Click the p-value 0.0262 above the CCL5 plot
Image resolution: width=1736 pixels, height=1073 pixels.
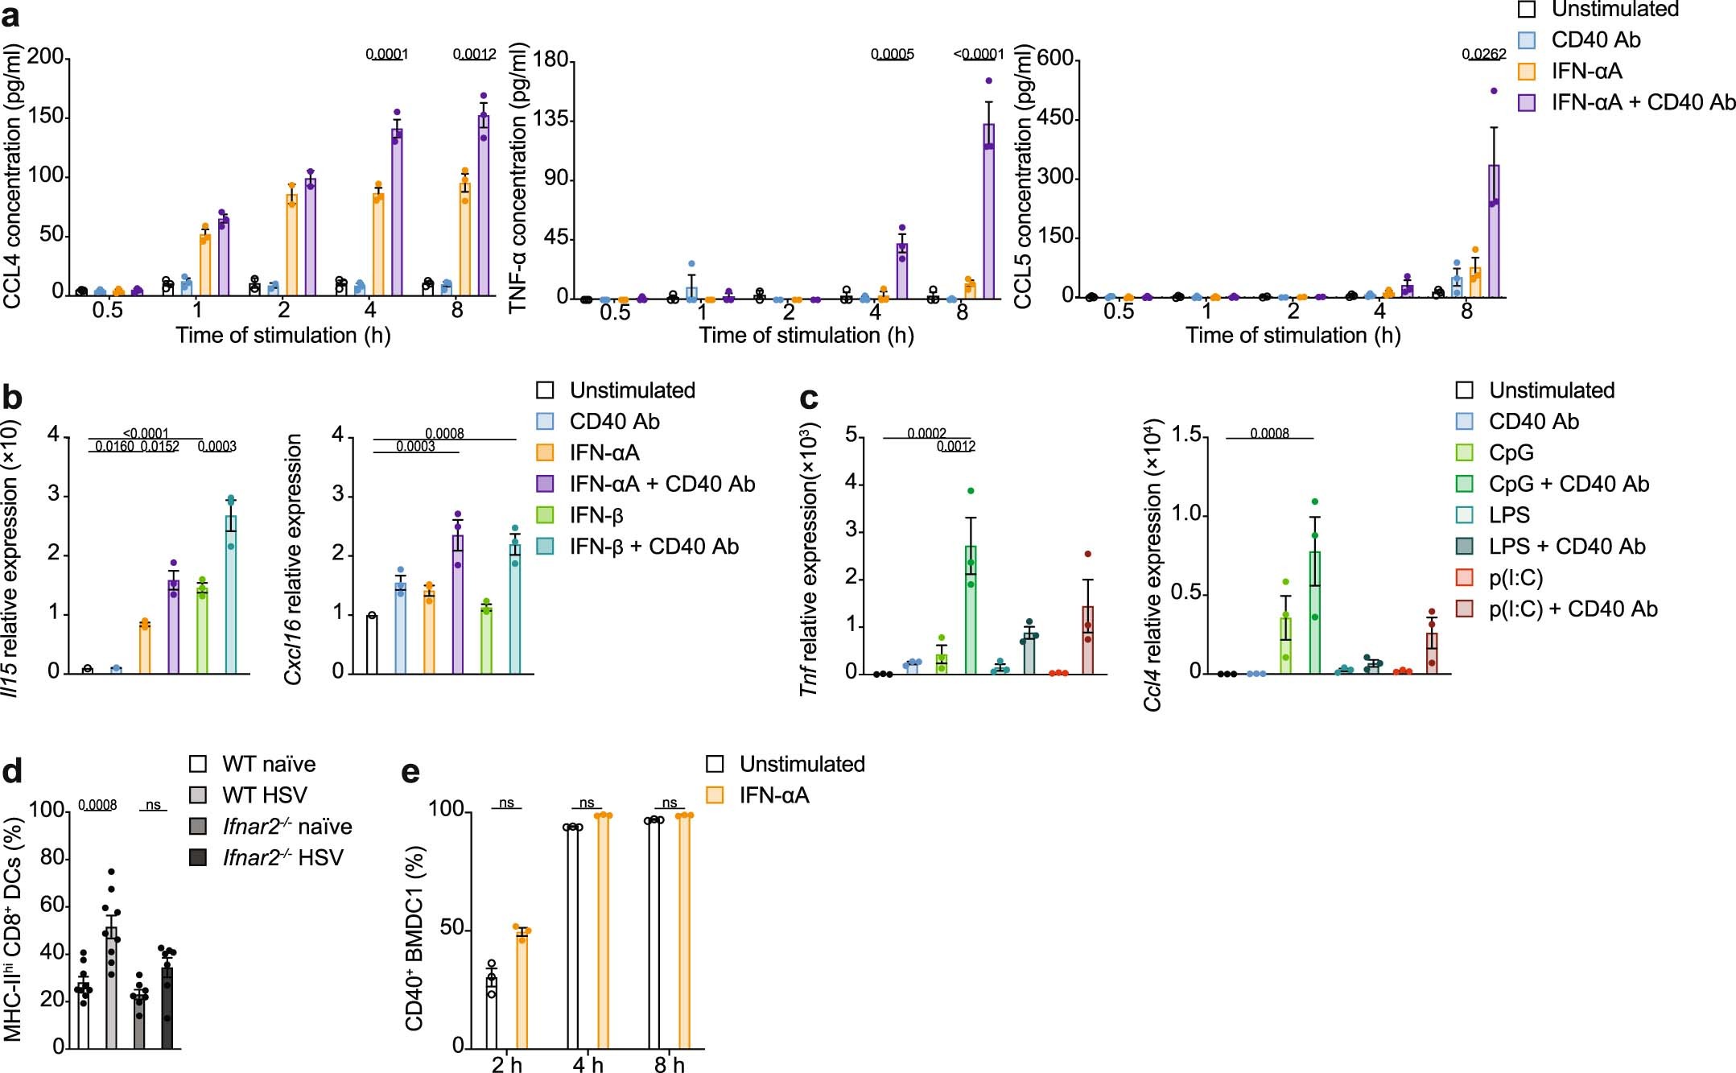click(1483, 55)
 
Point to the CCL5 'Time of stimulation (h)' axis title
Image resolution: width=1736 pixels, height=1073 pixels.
click(1293, 335)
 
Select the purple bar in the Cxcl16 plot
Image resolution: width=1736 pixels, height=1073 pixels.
click(458, 604)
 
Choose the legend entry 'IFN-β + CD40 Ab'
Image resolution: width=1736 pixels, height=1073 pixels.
click(653, 547)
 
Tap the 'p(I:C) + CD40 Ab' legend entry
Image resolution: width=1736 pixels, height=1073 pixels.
click(1572, 609)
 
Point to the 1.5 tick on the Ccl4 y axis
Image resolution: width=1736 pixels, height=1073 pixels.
click(1186, 435)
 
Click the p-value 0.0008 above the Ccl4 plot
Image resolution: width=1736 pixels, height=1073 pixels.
click(1269, 434)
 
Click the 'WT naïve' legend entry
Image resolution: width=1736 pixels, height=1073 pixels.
click(268, 764)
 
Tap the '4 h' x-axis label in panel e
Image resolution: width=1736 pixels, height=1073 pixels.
click(588, 1064)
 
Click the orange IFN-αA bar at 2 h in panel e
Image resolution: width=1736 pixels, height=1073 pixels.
click(522, 990)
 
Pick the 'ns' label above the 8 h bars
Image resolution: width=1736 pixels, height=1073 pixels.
click(669, 803)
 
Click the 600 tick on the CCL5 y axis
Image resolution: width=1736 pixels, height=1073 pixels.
click(1055, 59)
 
